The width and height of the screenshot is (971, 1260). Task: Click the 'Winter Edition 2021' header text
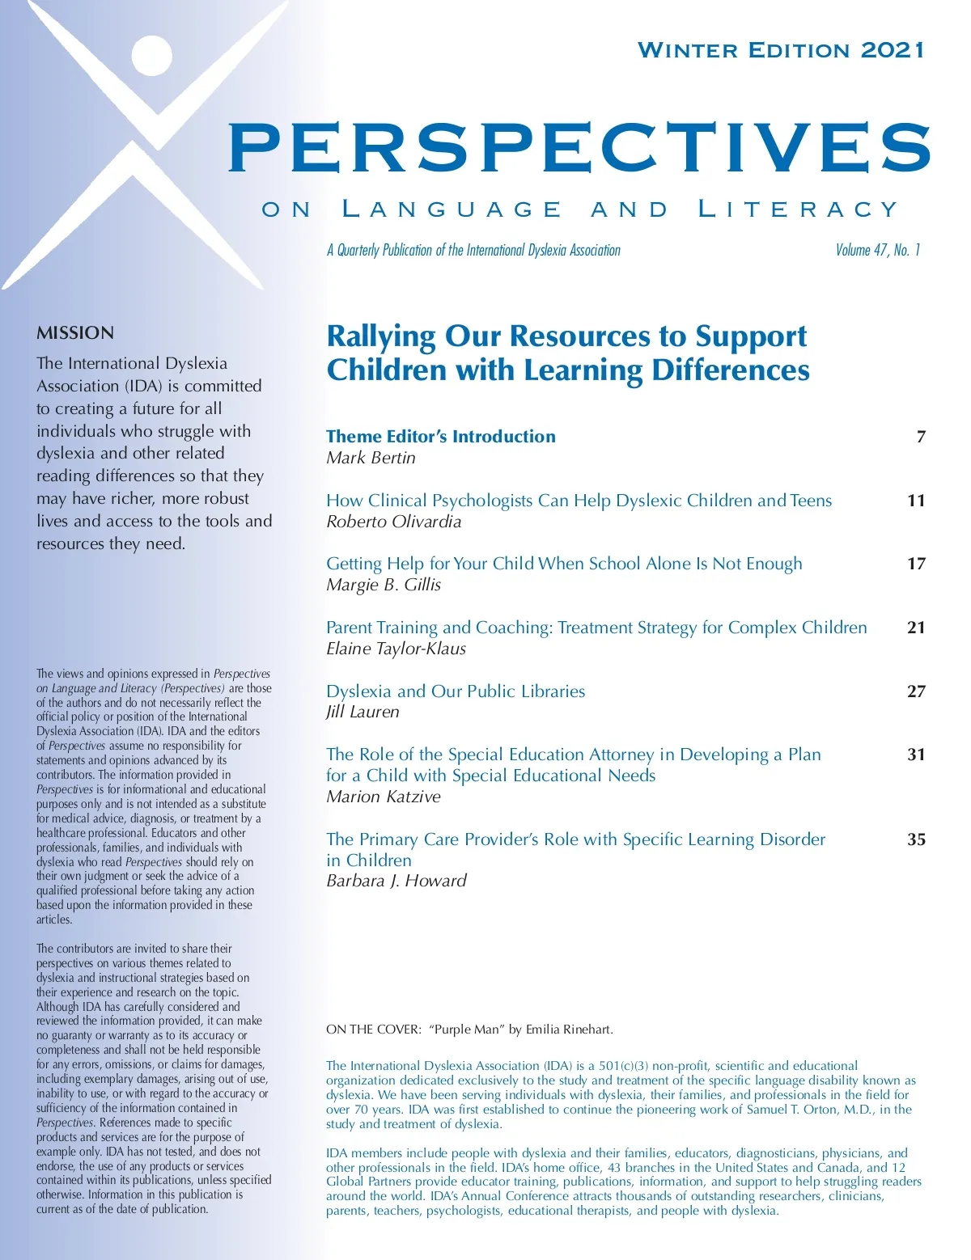(x=781, y=50)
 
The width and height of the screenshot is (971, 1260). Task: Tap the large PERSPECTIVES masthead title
(x=579, y=147)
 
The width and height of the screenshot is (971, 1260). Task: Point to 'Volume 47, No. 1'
(x=878, y=250)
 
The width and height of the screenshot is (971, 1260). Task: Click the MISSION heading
(x=75, y=332)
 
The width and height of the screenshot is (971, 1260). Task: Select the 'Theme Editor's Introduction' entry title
(x=441, y=437)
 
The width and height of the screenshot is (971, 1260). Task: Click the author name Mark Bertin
(x=371, y=458)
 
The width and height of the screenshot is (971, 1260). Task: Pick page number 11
(x=916, y=501)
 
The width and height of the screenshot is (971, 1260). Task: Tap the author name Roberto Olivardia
(x=393, y=522)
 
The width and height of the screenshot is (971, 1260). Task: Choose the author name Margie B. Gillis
(x=384, y=585)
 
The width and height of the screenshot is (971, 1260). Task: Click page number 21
(x=916, y=628)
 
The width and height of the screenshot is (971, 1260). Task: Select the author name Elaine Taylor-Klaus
(x=396, y=649)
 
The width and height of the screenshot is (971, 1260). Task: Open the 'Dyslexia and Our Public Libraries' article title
(x=456, y=691)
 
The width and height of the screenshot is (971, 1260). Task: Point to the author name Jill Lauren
(x=363, y=712)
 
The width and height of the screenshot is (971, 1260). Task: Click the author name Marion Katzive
(x=384, y=797)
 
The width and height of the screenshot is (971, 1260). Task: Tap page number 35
(x=916, y=839)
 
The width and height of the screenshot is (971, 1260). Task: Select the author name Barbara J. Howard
(x=396, y=881)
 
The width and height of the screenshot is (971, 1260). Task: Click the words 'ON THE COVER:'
(x=374, y=1030)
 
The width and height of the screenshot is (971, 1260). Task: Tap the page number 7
(x=921, y=438)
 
